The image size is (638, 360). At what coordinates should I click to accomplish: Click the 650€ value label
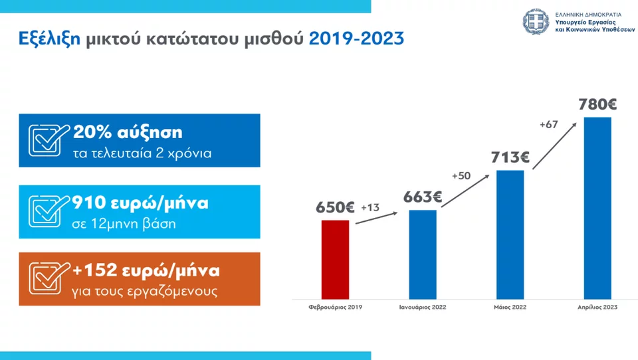pos(335,207)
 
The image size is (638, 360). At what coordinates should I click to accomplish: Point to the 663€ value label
pos(423,197)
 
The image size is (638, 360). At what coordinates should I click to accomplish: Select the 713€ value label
pos(510,157)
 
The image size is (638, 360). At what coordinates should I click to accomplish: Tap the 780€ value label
pos(597,104)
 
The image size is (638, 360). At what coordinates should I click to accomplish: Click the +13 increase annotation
pos(370,208)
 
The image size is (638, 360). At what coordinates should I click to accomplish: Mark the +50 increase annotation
pos(461,176)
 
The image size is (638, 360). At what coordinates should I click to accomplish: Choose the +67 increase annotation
pos(548,124)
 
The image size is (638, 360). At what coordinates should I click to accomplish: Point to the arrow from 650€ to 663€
pos(376,219)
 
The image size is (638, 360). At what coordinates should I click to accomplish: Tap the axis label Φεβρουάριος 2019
pos(336,308)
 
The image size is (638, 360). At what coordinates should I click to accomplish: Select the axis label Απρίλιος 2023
pos(597,308)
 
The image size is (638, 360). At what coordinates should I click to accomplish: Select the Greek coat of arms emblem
pos(536,21)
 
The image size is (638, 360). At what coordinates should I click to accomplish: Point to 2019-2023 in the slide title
pos(356,38)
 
